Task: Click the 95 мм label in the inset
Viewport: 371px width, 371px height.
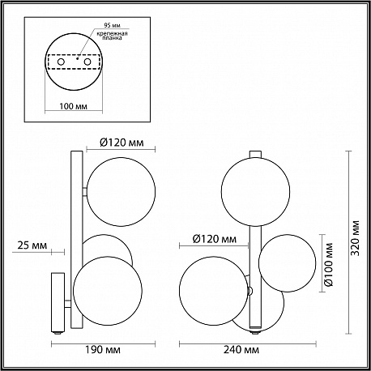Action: (113, 25)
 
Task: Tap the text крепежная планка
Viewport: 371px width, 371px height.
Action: (113, 36)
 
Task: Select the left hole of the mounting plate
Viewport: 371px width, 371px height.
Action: (61, 62)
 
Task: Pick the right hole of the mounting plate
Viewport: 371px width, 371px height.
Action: (87, 62)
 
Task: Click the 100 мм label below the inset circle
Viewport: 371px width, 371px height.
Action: (74, 106)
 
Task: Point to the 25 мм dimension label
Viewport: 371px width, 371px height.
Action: (32, 245)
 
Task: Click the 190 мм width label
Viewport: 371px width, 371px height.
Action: (103, 350)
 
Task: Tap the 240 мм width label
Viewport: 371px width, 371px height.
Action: (241, 350)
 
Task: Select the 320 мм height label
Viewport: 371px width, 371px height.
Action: (356, 238)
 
